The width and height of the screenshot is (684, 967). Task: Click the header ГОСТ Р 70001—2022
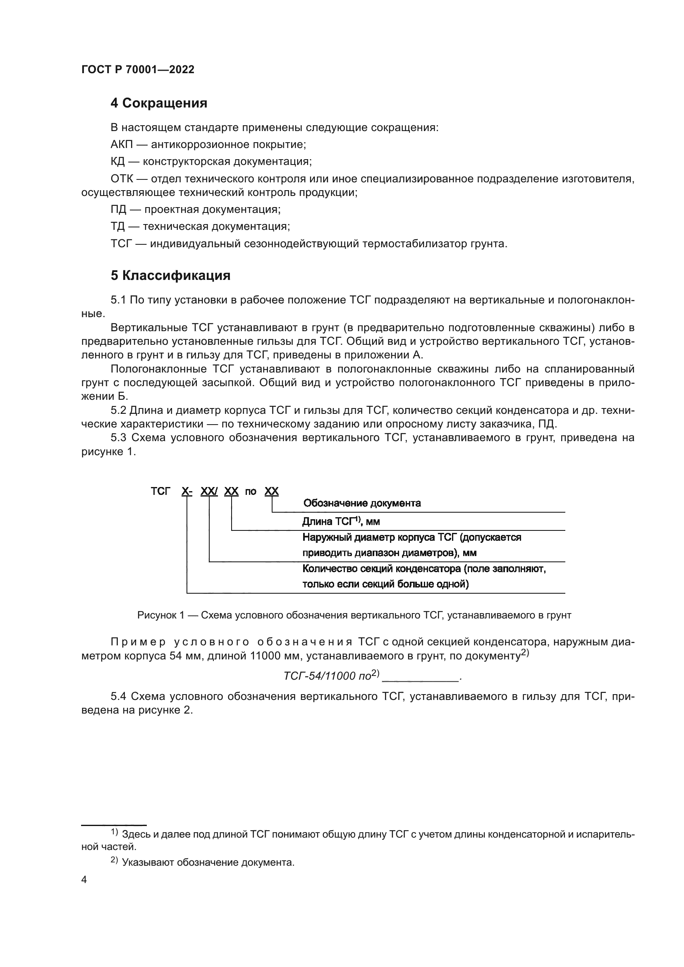pos(138,69)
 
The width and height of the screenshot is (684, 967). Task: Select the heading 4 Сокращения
pos(159,103)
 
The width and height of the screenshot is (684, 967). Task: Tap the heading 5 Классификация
pos(170,275)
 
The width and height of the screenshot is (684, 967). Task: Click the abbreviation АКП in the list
pos(122,144)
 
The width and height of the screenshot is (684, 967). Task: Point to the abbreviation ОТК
pos(122,179)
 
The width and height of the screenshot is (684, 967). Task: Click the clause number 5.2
pos(119,410)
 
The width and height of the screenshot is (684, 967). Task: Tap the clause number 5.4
pos(119,696)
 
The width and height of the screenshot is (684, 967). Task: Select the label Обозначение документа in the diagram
pos(362,503)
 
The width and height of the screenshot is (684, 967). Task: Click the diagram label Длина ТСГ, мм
pos(341,521)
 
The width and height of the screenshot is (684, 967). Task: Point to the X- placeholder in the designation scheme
pos(187,491)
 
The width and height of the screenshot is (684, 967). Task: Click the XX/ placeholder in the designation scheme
pos(209,491)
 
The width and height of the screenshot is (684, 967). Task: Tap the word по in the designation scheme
pos(251,492)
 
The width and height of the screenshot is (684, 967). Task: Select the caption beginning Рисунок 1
pos(354,615)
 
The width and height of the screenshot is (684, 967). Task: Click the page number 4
pos(84,880)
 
